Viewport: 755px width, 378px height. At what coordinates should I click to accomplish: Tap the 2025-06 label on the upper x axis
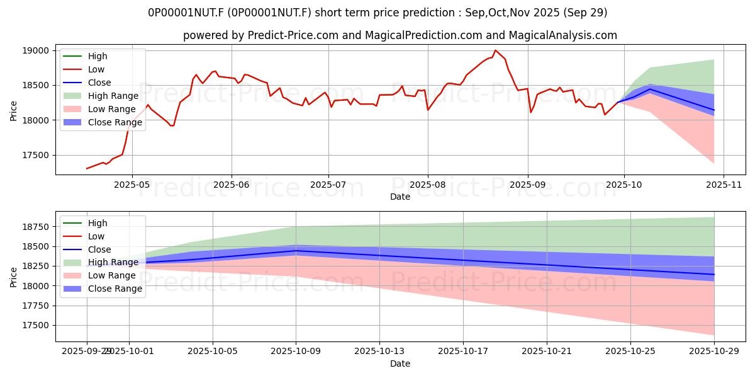click(x=232, y=184)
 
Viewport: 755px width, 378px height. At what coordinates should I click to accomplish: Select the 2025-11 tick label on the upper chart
click(x=724, y=184)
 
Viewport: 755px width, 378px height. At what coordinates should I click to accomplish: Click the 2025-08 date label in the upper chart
click(x=428, y=184)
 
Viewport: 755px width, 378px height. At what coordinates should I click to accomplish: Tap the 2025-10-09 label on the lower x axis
click(x=296, y=352)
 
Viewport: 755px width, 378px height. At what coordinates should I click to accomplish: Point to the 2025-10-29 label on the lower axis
click(x=713, y=352)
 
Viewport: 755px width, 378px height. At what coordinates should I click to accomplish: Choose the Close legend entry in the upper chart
click(x=99, y=83)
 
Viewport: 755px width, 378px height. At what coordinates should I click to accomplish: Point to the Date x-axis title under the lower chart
click(x=400, y=364)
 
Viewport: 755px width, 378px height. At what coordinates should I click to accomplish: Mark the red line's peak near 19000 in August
click(x=496, y=50)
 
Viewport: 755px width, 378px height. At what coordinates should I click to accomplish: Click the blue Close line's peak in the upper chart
click(x=650, y=89)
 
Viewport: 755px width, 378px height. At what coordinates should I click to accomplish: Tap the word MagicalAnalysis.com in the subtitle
click(x=564, y=35)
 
